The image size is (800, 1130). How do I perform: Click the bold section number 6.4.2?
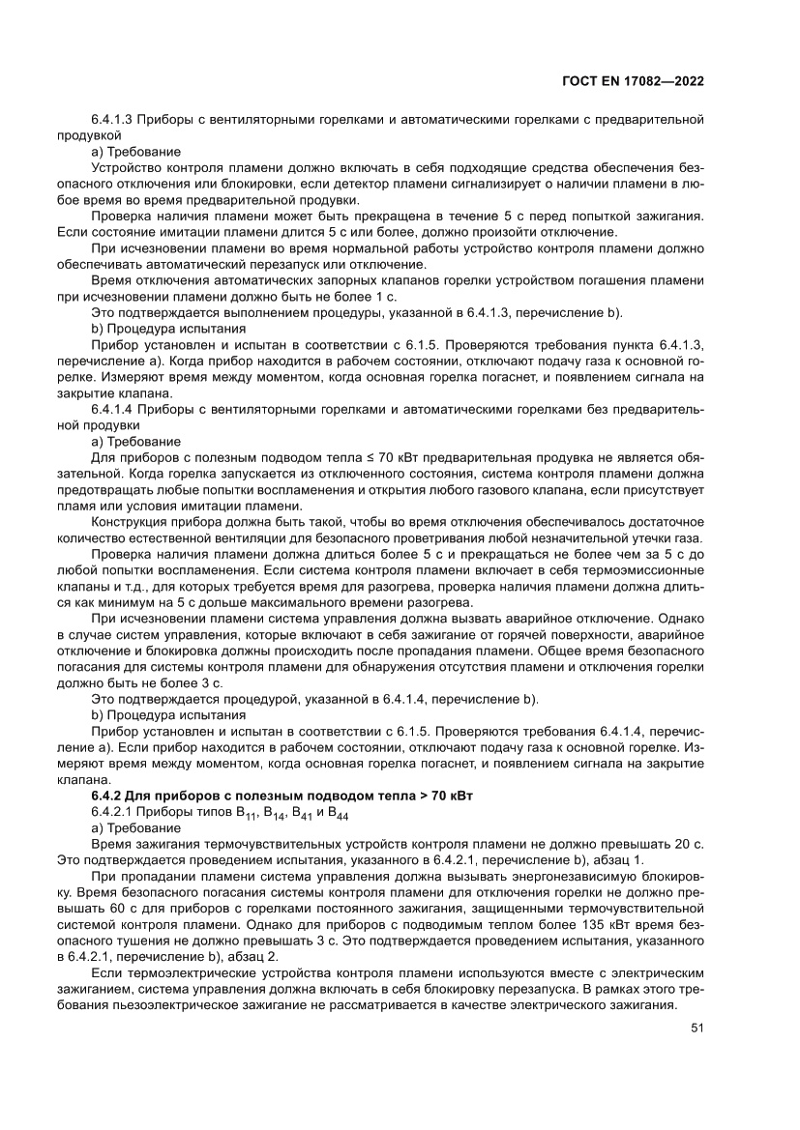click(107, 795)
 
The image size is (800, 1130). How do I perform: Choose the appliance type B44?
click(338, 813)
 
